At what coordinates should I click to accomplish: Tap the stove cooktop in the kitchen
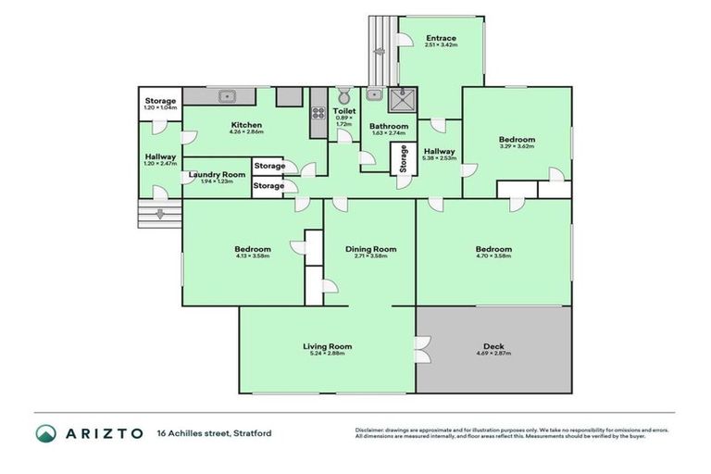[x=318, y=115]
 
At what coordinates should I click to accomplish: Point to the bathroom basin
[x=375, y=94]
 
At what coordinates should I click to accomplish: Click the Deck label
[x=493, y=346]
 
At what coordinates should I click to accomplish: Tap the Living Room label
[x=328, y=346]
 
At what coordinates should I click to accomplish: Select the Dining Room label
[x=370, y=248]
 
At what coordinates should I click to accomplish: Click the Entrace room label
[x=440, y=38]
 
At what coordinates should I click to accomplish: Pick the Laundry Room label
[x=217, y=174]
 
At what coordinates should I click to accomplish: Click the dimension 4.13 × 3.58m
[x=252, y=256]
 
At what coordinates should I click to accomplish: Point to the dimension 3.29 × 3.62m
[x=517, y=147]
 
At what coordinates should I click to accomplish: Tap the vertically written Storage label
[x=403, y=160]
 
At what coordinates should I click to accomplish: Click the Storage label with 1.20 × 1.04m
[x=160, y=101]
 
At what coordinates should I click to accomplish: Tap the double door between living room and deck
[x=421, y=349]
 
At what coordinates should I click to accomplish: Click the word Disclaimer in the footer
[x=371, y=430]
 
